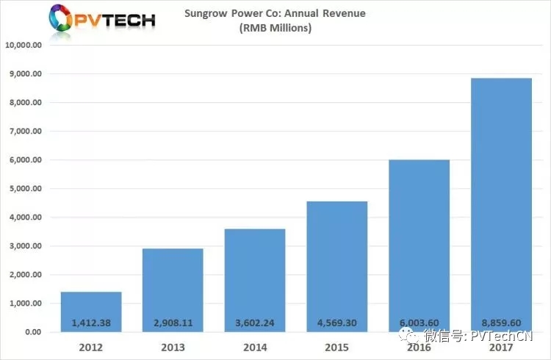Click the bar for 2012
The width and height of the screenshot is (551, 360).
click(91, 312)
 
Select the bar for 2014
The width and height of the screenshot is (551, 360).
click(254, 280)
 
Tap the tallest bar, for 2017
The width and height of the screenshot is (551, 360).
click(501, 205)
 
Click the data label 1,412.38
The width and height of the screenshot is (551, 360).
click(91, 323)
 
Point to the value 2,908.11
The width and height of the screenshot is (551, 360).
click(173, 323)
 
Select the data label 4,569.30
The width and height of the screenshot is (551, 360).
click(336, 323)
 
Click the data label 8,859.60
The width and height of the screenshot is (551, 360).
click(501, 323)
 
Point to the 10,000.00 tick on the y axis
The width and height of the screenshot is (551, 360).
click(24, 46)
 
